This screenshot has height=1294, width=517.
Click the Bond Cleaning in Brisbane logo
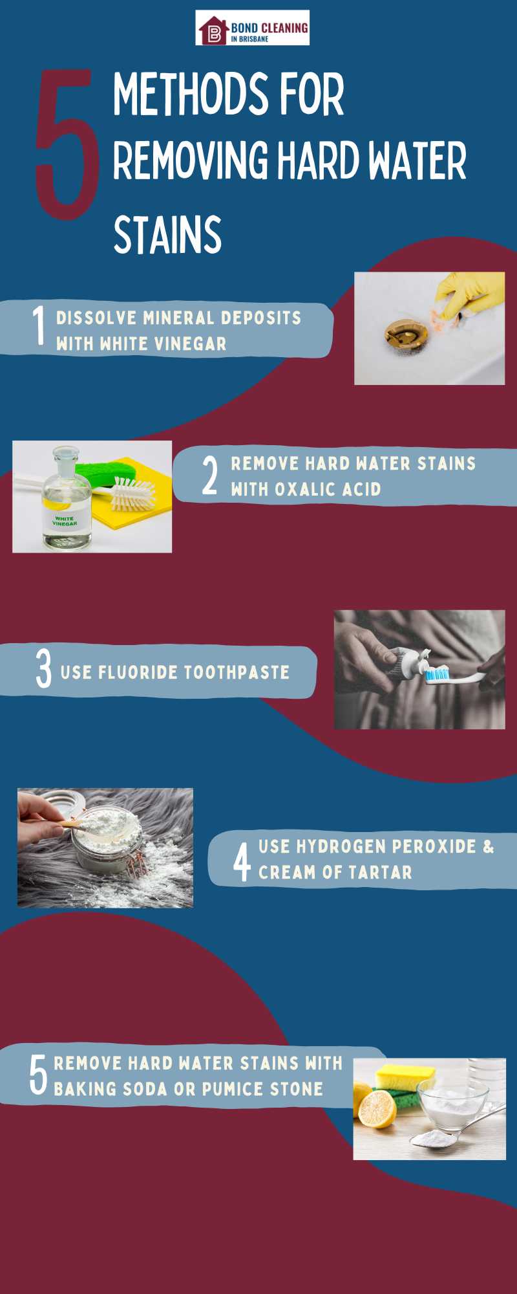point(252,28)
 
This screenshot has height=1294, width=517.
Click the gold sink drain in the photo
point(406,333)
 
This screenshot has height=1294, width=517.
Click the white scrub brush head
point(132,493)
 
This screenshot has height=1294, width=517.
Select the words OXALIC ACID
point(328,489)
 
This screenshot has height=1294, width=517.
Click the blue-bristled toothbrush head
point(437,675)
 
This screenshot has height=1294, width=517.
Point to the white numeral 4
point(242,862)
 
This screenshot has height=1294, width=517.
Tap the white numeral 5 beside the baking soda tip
point(38,1075)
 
